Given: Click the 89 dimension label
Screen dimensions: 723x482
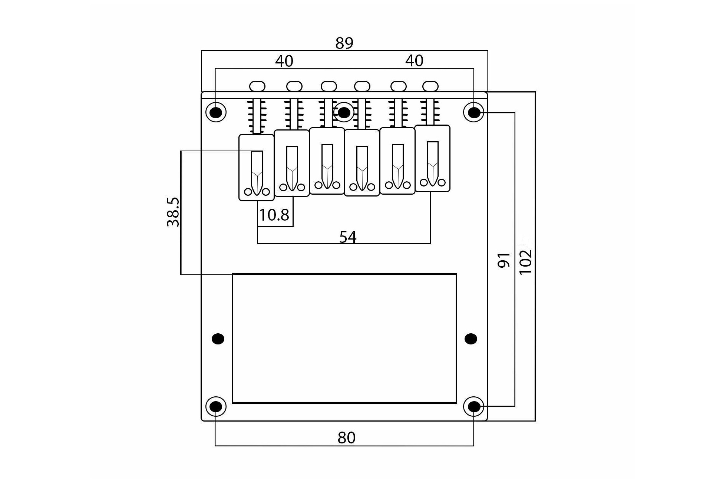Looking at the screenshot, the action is pos(344,43).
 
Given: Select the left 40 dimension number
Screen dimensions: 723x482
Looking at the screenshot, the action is pos(284,61).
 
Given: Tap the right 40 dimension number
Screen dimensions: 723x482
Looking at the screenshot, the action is pos(414,61).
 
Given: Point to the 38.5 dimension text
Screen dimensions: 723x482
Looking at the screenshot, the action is pos(173,212).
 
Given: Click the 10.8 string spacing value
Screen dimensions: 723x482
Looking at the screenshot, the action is pos(274,215).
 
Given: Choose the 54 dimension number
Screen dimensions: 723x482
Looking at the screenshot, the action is pos(348,237).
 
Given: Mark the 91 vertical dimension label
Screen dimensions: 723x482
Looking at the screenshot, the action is pos(504,260).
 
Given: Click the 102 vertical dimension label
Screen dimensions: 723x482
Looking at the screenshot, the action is pos(526,262).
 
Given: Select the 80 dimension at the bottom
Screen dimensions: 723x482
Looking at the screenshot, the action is pos(347,438).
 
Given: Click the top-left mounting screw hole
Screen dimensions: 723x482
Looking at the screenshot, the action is pos(216,112).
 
